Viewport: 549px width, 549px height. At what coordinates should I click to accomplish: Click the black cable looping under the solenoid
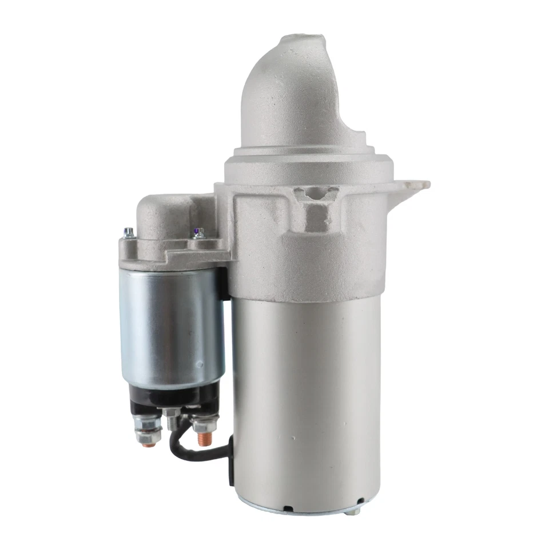[x=194, y=455]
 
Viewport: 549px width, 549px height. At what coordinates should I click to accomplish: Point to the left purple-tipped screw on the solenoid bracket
[x=129, y=232]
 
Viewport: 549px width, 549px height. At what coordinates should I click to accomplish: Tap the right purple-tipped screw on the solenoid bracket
[x=198, y=233]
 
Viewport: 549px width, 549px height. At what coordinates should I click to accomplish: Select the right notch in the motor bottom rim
[x=360, y=502]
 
